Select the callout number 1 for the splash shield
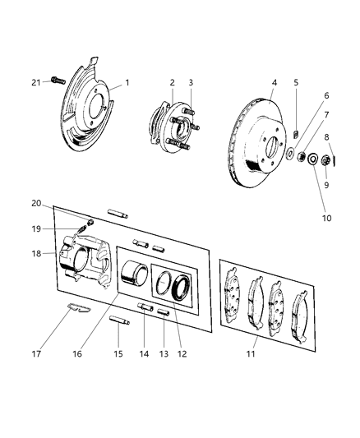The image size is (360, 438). [x=127, y=83]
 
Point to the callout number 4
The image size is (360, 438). [x=274, y=82]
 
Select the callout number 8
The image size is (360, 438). [x=327, y=137]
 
